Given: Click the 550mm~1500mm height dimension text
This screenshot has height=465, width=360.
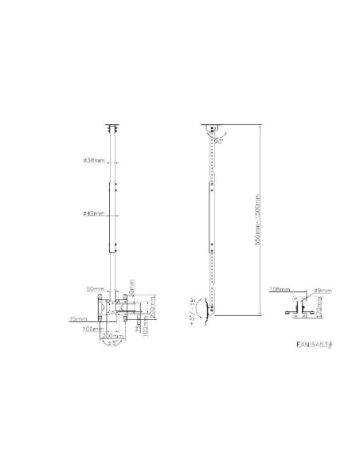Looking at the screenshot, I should pos(256,220).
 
